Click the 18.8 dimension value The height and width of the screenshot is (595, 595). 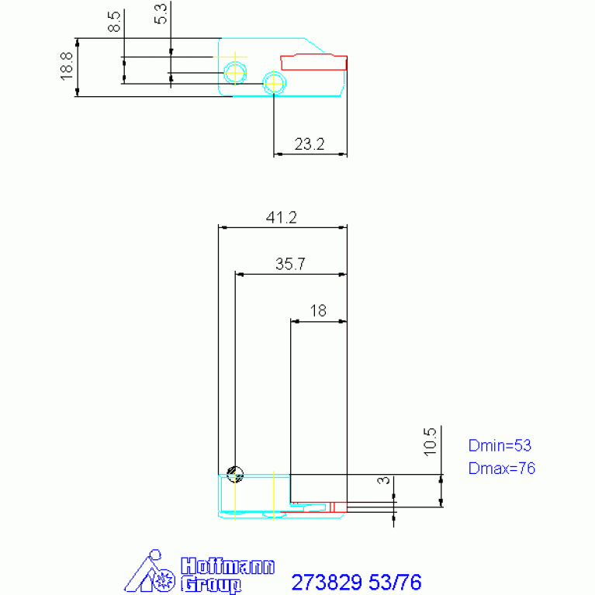click(67, 67)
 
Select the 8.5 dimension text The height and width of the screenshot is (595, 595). click(114, 22)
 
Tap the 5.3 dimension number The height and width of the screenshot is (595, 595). click(161, 14)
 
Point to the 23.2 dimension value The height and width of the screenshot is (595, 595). click(310, 144)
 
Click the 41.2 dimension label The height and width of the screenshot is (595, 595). click(281, 217)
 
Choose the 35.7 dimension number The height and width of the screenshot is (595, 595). click(290, 264)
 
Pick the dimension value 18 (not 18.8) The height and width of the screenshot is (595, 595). click(318, 311)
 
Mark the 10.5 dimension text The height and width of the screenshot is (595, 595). click(431, 441)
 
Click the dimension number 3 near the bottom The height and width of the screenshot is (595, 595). click(384, 480)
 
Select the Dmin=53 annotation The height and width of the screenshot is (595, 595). click(500, 445)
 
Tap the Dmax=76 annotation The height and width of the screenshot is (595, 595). click(502, 469)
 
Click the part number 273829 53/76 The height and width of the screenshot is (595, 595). click(356, 582)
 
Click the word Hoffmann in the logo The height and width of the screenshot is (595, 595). click(227, 566)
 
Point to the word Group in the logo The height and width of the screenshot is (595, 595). click(211, 584)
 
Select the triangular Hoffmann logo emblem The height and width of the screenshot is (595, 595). click(150, 571)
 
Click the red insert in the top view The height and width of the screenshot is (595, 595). click(314, 63)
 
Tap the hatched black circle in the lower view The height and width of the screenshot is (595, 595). click(235, 474)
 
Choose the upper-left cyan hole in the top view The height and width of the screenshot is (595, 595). click(235, 72)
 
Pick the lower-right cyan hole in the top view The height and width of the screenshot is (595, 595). click(274, 83)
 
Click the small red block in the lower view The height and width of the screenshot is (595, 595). click(338, 507)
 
